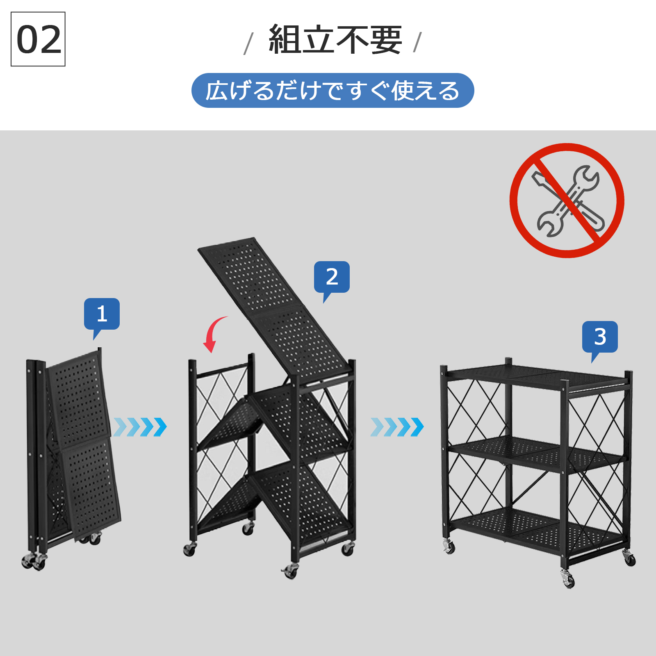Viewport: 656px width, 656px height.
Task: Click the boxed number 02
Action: (38, 39)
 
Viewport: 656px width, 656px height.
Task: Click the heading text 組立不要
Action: (335, 40)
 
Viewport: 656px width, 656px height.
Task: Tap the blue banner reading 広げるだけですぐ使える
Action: (333, 91)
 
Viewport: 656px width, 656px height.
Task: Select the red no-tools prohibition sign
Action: (567, 200)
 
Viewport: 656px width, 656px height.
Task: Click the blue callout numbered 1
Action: (102, 314)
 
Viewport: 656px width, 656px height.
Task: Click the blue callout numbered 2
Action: (332, 277)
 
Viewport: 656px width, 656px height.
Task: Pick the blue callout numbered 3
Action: (600, 337)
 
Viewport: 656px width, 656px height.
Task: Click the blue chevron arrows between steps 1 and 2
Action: (140, 427)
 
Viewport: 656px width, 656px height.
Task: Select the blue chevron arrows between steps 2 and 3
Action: (397, 427)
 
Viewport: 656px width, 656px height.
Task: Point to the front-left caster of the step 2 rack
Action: (189, 549)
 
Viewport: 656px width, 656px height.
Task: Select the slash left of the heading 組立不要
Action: (248, 43)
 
